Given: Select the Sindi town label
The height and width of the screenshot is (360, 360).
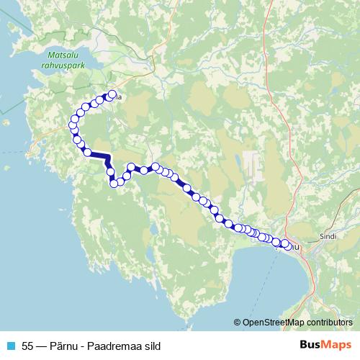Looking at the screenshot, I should [328, 236].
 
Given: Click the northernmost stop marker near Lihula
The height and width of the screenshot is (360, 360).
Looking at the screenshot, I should [112, 94].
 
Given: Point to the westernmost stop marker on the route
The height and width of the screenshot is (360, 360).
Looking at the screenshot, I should [72, 126].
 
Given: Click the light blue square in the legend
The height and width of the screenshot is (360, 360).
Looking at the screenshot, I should [9, 345].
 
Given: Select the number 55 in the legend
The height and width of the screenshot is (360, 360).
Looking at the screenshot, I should [28, 345].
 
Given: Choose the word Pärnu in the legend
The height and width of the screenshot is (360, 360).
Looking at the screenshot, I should [66, 345].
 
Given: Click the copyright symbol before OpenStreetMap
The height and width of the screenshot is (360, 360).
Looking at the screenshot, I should [238, 323].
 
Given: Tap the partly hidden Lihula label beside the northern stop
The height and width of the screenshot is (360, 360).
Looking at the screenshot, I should [119, 96].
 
